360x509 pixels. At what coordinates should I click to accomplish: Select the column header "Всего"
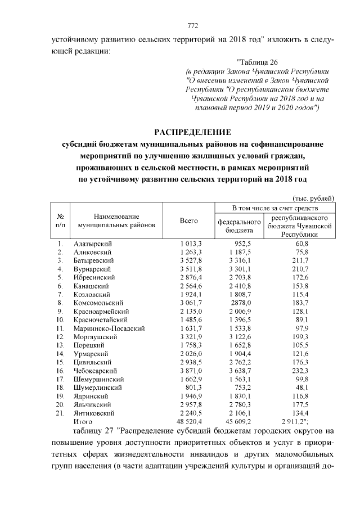[x=188, y=221]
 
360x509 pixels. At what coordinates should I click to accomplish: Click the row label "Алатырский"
[x=93, y=244]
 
